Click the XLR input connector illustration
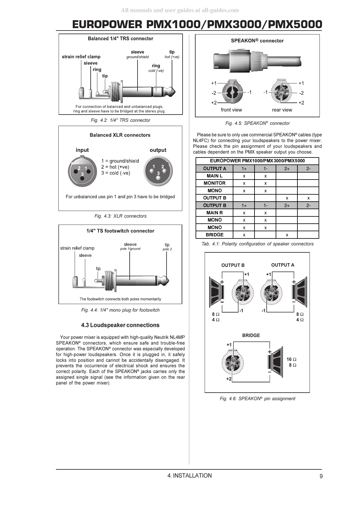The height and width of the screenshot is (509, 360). click(82, 171)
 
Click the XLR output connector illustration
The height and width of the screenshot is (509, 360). click(158, 171)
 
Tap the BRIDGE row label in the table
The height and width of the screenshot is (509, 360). click(215, 235)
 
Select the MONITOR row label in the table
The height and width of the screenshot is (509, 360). click(215, 183)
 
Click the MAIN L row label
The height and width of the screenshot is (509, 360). click(215, 176)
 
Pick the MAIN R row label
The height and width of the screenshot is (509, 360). click(215, 213)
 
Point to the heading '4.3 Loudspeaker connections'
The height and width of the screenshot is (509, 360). click(120, 325)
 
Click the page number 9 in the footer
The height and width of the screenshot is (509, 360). click(321, 476)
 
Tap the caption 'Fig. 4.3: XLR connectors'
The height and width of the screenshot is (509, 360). click(120, 216)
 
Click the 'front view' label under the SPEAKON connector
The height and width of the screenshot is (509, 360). click(231, 110)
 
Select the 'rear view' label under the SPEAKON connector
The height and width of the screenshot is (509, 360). click(282, 110)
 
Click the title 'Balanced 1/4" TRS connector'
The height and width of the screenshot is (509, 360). click(120, 39)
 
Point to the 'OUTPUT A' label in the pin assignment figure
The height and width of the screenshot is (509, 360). click(283, 265)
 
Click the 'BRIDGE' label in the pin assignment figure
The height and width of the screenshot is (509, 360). click(251, 336)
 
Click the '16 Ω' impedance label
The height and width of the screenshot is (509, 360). click(291, 359)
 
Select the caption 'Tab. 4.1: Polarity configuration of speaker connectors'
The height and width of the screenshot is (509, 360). click(258, 244)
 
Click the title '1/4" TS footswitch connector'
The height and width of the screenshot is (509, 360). click(120, 231)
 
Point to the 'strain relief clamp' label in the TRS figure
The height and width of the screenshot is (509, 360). click(81, 57)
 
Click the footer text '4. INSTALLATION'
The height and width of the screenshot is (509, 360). click(190, 476)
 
